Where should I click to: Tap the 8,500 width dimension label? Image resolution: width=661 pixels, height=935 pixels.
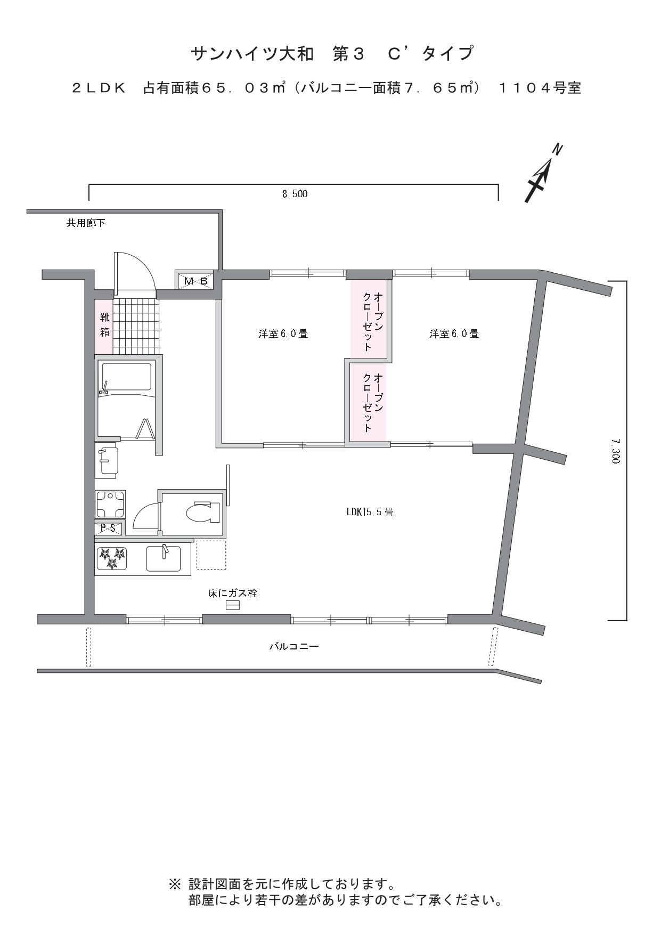(x=295, y=194)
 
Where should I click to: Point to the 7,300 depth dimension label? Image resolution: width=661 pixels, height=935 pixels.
(x=616, y=451)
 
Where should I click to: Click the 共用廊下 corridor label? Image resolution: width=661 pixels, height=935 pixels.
(x=86, y=223)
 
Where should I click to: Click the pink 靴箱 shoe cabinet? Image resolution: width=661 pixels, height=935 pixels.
(x=104, y=325)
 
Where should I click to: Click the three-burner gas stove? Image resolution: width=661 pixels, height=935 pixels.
(x=112, y=558)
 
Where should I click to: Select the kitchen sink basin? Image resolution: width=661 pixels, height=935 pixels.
(x=163, y=558)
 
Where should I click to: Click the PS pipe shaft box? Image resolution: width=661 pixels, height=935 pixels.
(x=109, y=529)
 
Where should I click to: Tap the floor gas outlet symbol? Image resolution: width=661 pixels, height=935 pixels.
(x=232, y=605)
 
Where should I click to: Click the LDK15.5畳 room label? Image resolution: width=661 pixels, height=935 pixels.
(x=370, y=512)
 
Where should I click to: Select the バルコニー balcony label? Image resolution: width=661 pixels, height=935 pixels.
(x=294, y=647)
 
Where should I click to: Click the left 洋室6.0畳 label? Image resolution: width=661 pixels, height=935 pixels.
(x=283, y=334)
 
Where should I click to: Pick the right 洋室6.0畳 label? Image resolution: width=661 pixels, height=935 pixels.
(x=454, y=334)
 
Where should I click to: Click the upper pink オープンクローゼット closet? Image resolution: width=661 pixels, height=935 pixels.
(x=369, y=319)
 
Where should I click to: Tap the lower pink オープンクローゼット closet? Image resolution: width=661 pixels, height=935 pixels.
(x=368, y=402)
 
